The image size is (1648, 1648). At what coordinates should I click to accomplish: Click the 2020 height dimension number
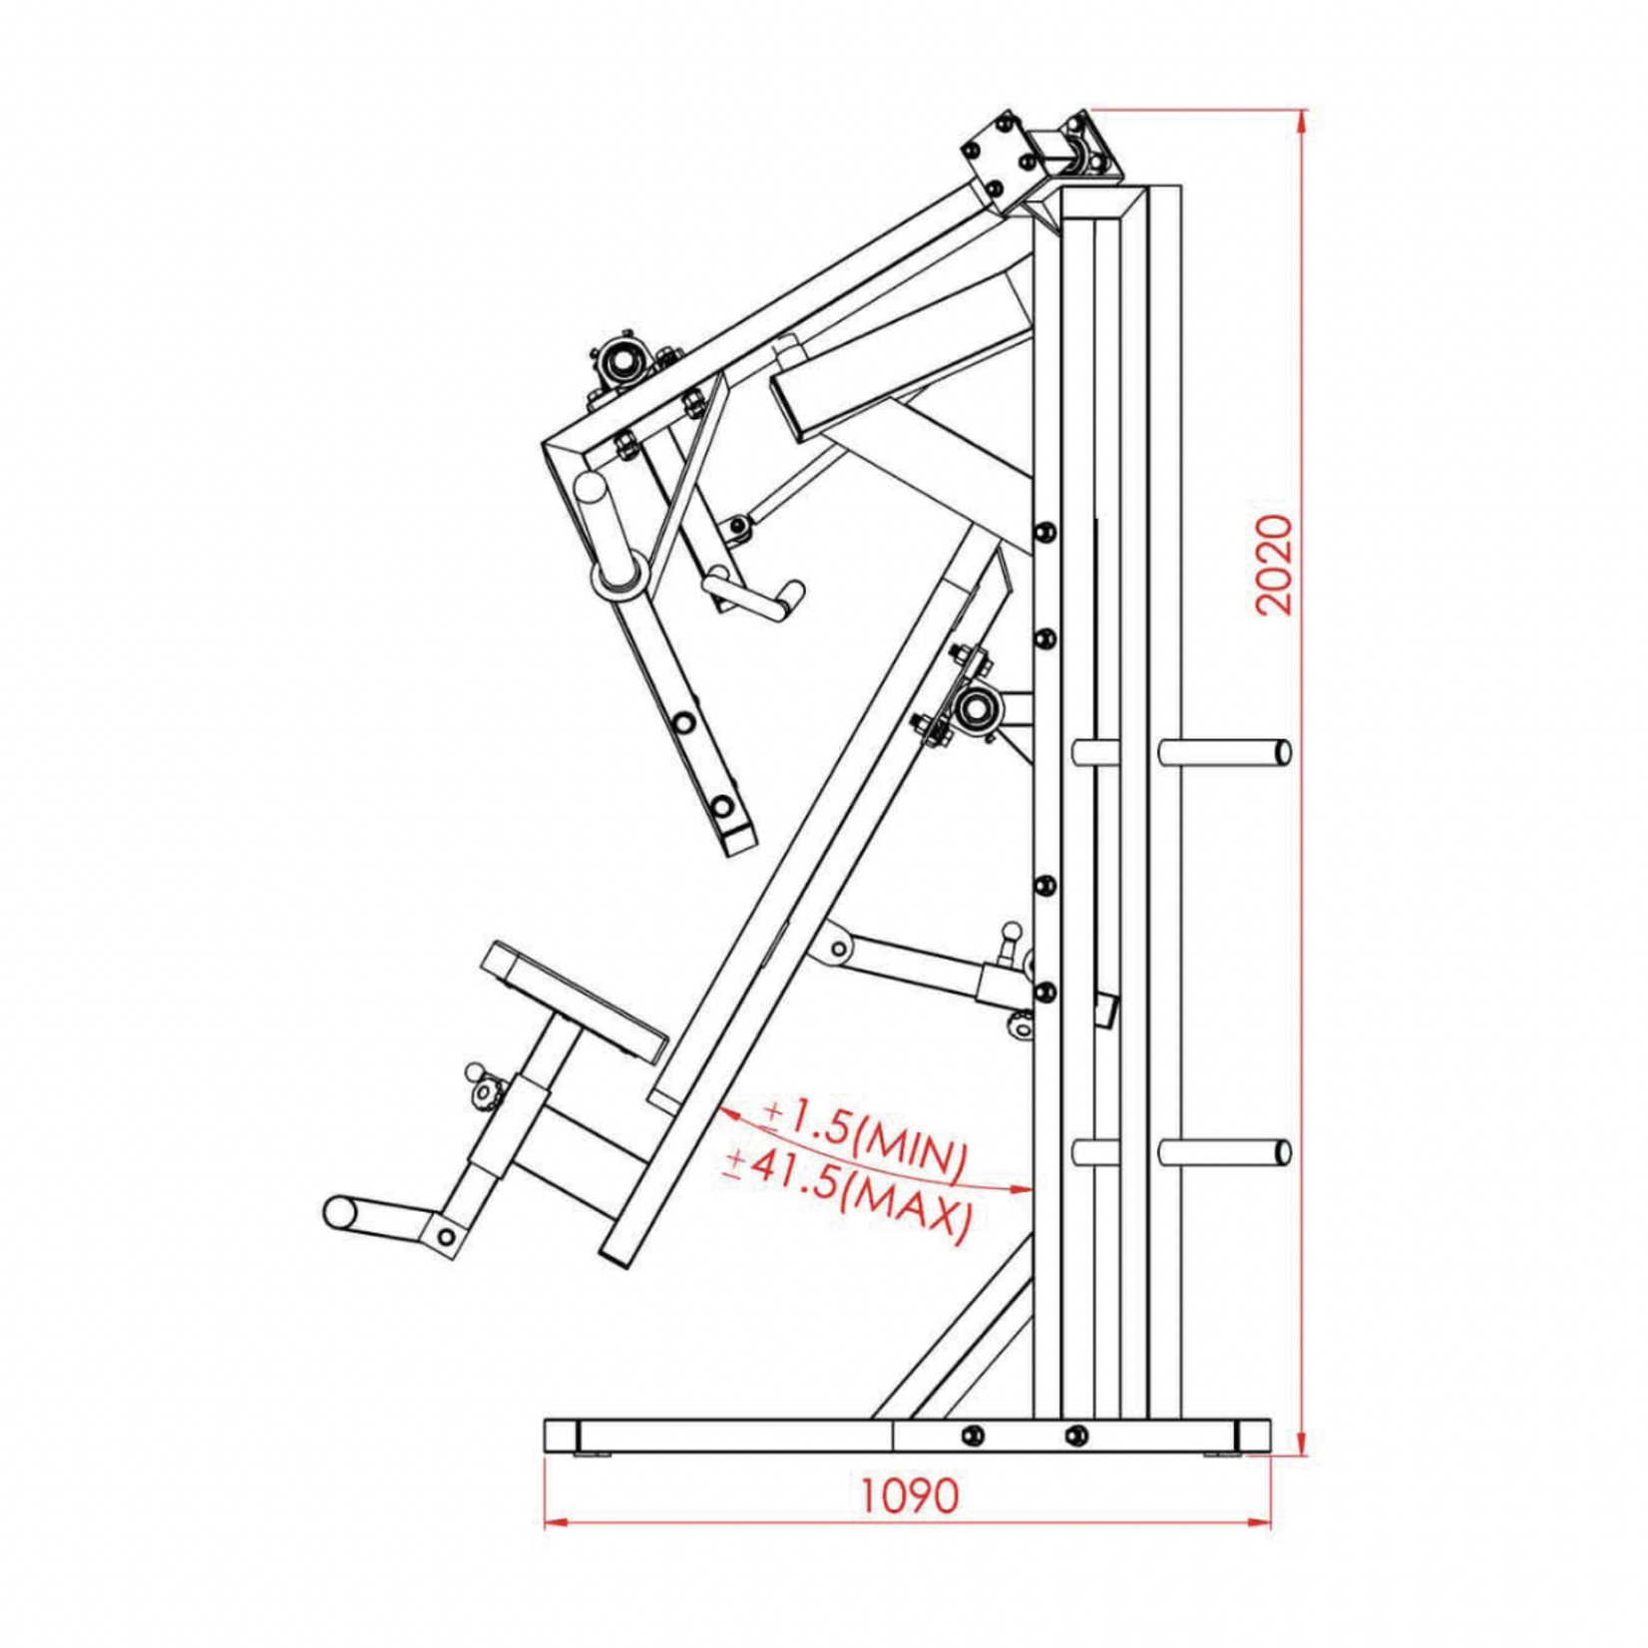click(1274, 565)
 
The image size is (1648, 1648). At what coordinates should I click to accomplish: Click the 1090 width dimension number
click(908, 1495)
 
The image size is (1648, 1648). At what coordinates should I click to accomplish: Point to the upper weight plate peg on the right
click(1225, 752)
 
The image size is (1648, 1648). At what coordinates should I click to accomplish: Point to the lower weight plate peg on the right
click(1225, 1152)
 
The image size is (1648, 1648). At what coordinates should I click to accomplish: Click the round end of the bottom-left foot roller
click(339, 1212)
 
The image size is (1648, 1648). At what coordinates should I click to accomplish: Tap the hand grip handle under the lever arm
click(756, 597)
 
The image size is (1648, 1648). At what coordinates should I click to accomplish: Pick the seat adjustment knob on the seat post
click(483, 1087)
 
